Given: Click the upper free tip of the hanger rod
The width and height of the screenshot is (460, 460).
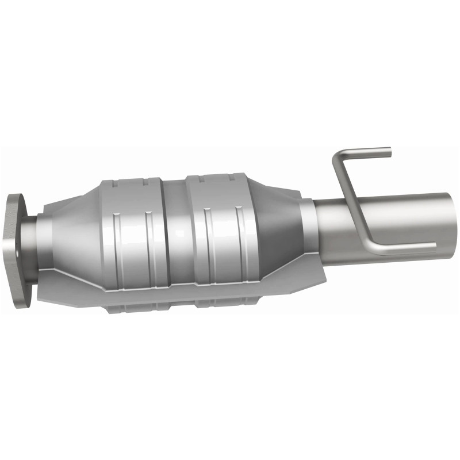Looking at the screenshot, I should (388, 152).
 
